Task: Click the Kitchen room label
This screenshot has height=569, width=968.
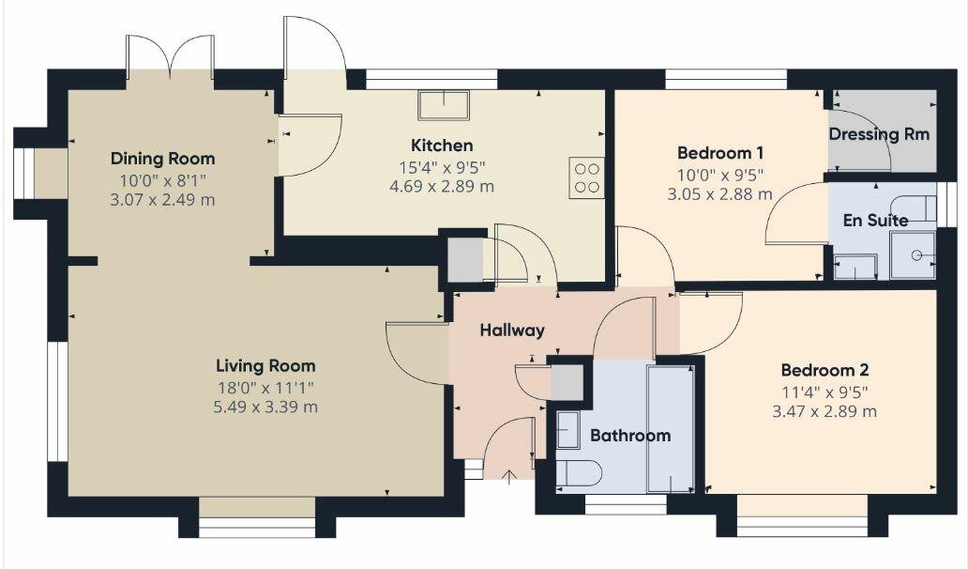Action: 441,146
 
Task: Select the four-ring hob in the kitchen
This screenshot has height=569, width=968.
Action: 586,177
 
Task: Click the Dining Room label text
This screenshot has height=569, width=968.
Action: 162,158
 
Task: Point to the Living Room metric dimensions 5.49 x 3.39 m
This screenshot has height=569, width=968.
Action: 265,407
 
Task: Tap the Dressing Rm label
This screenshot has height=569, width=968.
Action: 879,134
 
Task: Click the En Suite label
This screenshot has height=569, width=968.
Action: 874,221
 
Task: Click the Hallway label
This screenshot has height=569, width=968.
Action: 511,331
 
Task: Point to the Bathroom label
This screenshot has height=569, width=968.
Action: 629,436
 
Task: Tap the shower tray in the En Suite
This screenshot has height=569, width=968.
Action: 913,254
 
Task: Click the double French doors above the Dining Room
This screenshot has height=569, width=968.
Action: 170,58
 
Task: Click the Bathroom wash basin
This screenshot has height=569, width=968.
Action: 567,429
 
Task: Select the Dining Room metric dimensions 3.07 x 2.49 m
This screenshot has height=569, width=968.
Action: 162,198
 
